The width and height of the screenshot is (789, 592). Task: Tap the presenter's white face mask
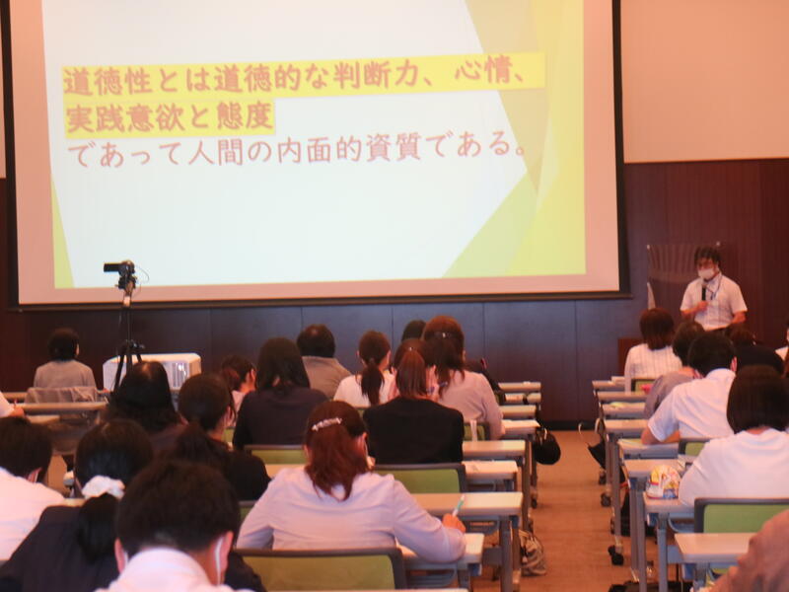point(706,273)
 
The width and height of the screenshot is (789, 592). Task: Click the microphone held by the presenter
point(703,291)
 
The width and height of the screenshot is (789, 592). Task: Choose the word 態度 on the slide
point(244,115)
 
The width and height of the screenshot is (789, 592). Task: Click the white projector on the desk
point(152,371)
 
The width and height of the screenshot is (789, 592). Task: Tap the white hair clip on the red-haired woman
point(326,424)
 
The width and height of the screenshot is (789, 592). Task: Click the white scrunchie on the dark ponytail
point(103,486)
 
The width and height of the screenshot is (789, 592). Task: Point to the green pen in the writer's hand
point(459,505)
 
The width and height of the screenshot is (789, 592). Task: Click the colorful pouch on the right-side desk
point(663,481)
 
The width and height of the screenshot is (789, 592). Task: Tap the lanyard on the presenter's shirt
point(714,290)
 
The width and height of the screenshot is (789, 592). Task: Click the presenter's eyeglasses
point(706,263)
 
